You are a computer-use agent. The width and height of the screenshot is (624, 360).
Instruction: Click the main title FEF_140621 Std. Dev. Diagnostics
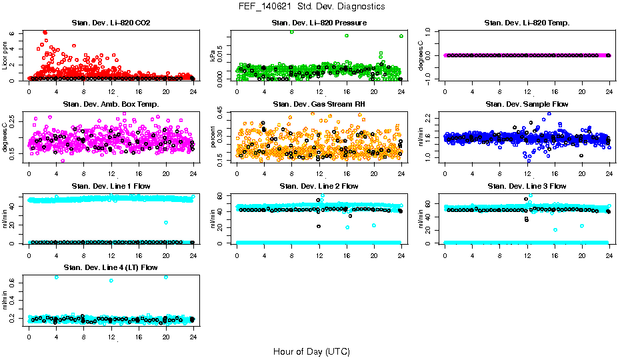tap(311, 7)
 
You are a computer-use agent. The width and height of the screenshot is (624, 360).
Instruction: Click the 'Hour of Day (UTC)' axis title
tap(311, 351)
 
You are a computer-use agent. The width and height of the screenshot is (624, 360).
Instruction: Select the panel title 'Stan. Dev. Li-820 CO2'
tap(111, 23)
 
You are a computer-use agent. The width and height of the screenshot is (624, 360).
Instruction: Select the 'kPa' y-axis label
tap(213, 57)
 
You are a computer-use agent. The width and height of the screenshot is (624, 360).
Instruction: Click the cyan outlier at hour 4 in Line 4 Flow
tap(56, 277)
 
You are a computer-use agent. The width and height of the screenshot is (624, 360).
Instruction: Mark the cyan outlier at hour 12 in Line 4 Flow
tap(111, 281)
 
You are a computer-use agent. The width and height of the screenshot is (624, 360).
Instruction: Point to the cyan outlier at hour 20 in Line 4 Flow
tap(166, 277)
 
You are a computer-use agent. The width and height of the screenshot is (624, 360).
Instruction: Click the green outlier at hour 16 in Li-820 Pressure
tap(347, 36)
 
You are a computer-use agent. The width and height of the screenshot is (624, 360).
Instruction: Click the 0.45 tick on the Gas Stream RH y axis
tap(222, 113)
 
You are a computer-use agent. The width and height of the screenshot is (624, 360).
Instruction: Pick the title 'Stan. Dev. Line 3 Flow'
tap(527, 186)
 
